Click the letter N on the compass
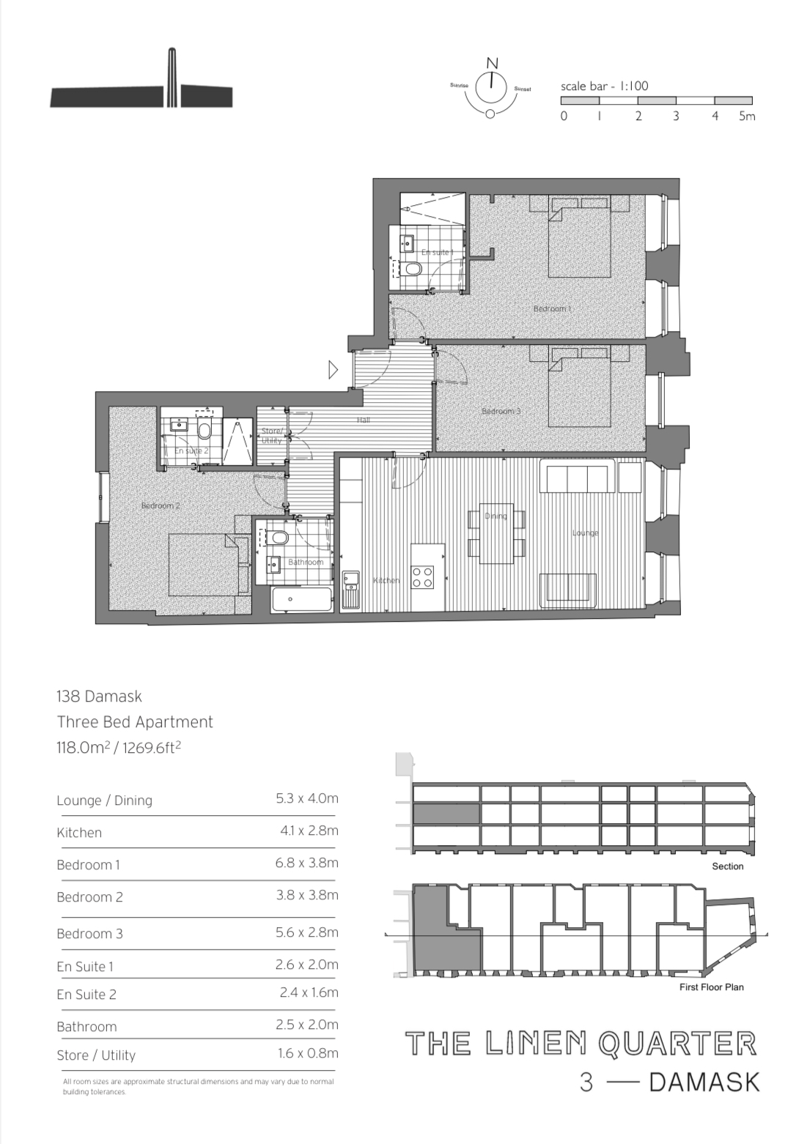pyautogui.click(x=493, y=63)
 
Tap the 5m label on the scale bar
pyautogui.click(x=746, y=116)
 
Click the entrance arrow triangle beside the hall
pyautogui.click(x=333, y=370)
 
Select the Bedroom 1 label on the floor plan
pyautogui.click(x=552, y=309)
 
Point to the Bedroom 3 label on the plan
pyautogui.click(x=501, y=411)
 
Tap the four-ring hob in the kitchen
pyautogui.click(x=422, y=577)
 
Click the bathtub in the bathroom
pyautogui.click(x=301, y=599)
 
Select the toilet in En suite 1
pyautogui.click(x=413, y=270)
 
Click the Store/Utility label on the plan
pyautogui.click(x=271, y=436)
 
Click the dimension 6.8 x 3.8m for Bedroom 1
pyautogui.click(x=306, y=863)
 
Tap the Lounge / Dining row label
pyautogui.click(x=104, y=801)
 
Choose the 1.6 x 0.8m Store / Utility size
pyautogui.click(x=308, y=1053)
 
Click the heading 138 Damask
pyautogui.click(x=99, y=697)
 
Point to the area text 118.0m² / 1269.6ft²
pyautogui.click(x=119, y=748)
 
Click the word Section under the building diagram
pyautogui.click(x=727, y=866)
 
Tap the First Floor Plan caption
pyautogui.click(x=711, y=987)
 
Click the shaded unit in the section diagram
pyautogui.click(x=446, y=814)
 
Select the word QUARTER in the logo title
pyautogui.click(x=677, y=1044)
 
